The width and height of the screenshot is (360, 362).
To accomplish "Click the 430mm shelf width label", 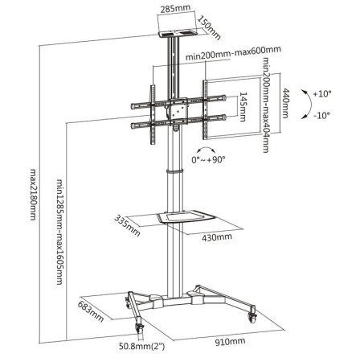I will coord(216,237).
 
